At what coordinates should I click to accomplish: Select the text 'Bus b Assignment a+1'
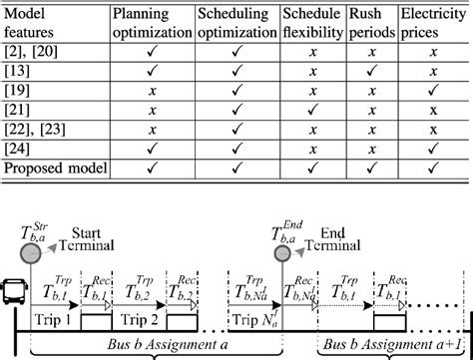(394, 342)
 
